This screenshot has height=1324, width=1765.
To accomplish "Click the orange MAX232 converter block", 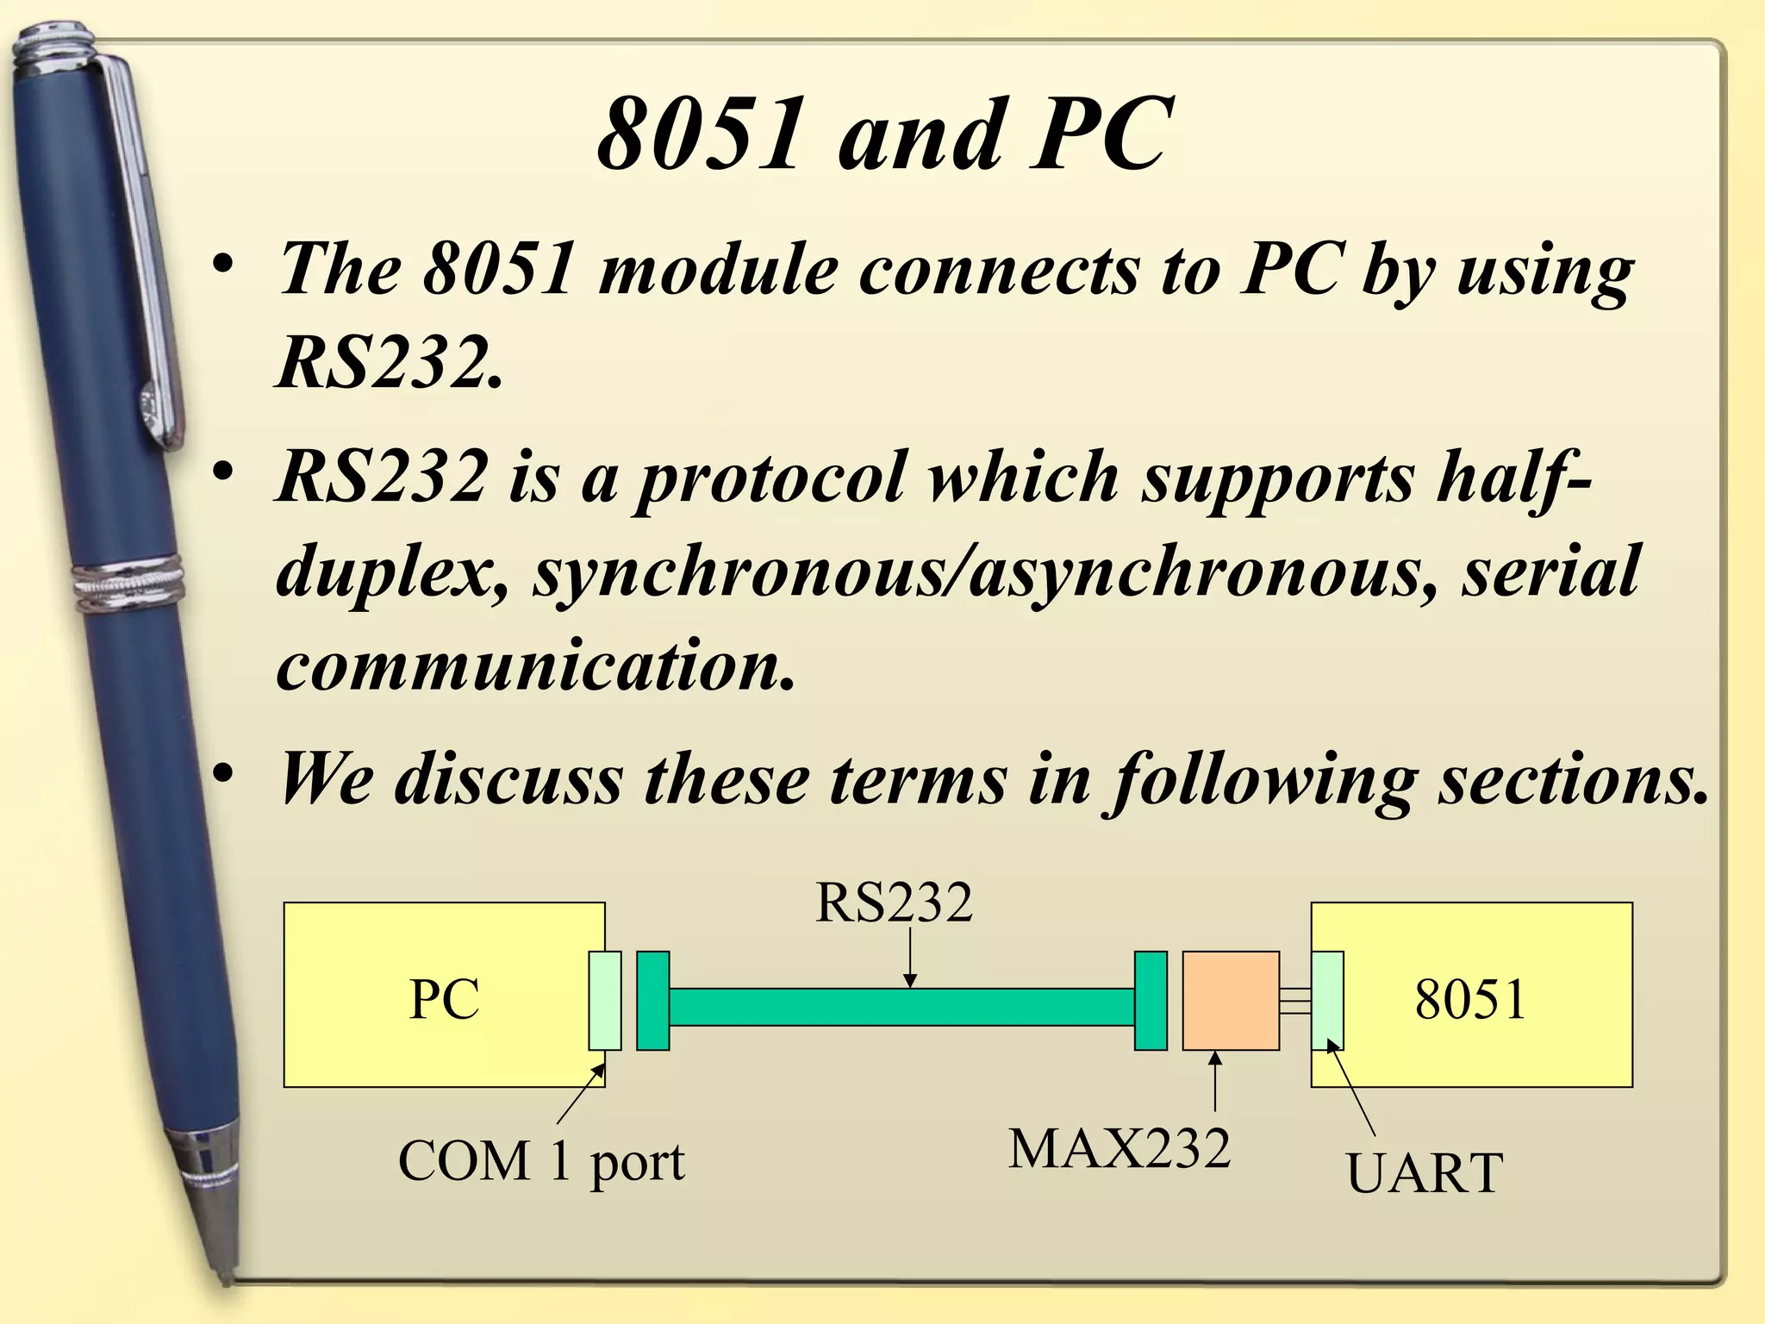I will click(1230, 1000).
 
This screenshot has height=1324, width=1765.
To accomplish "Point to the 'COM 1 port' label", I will click(541, 1161).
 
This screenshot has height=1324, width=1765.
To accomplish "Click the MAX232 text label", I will click(1119, 1149).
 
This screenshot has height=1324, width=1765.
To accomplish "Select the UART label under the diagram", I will click(1424, 1173).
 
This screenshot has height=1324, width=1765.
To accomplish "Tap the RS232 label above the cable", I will click(894, 903).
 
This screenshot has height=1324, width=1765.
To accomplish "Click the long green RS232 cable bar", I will click(901, 1007).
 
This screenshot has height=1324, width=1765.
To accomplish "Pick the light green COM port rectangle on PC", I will click(604, 1000).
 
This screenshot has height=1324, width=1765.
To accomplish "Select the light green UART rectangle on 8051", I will click(1327, 1000).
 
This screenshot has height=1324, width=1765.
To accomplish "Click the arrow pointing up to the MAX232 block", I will click(1215, 1082).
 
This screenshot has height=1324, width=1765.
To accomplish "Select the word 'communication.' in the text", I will click(534, 665).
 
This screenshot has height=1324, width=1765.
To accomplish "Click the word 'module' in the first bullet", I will click(718, 269).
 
